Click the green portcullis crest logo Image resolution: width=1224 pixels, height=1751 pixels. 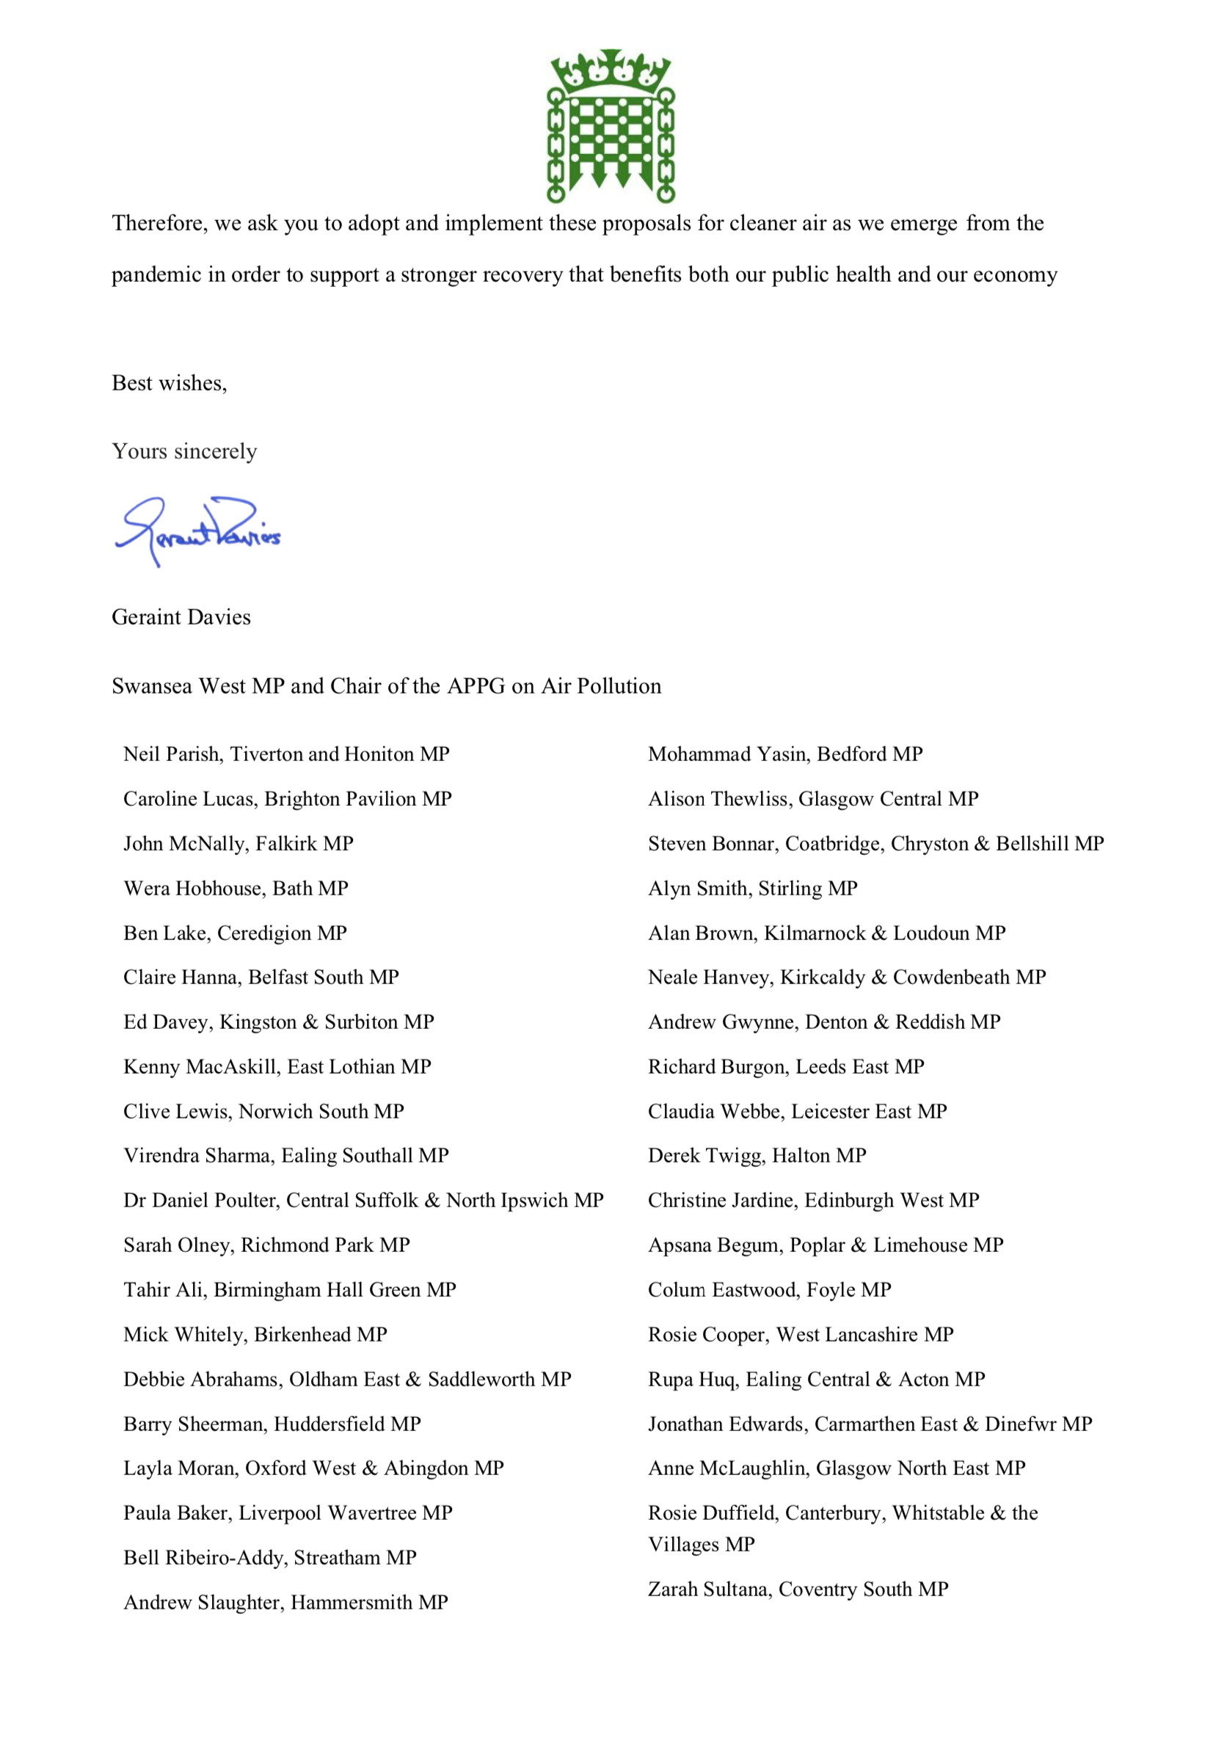[611, 125]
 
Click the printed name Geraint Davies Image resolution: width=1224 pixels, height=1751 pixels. [181, 617]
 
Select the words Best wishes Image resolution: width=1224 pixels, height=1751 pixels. [169, 383]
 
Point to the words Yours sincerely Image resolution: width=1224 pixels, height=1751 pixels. [183, 451]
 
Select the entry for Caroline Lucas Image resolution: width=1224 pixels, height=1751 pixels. [288, 799]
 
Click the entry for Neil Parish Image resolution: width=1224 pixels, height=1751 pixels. [286, 754]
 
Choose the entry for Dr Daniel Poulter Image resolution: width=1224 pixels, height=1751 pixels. [363, 1201]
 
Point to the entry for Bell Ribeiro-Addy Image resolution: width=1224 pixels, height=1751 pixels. [270, 1557]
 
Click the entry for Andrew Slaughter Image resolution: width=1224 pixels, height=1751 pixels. [285, 1602]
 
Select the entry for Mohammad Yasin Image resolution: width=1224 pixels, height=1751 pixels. [784, 754]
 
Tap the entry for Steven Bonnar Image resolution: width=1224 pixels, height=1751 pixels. [875, 843]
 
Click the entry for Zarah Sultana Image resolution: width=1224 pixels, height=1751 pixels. [798, 1590]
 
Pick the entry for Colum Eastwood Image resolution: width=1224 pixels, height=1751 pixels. [769, 1289]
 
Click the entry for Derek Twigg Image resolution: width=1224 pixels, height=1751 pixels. [757, 1156]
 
